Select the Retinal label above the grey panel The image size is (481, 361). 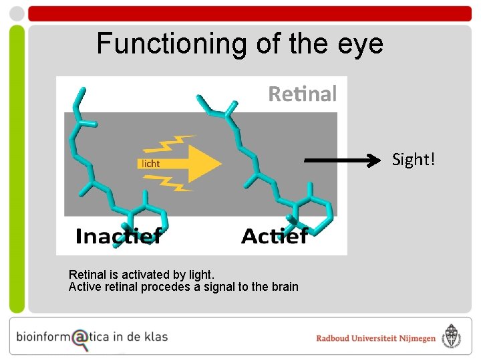[302, 94]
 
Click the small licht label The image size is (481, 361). [150, 163]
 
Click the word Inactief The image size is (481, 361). [118, 236]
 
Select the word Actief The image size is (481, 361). [274, 236]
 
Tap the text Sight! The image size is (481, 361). [413, 160]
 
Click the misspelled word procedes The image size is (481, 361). [159, 287]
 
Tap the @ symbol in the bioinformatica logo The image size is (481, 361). [80, 338]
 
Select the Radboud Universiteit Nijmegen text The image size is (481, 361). [375, 338]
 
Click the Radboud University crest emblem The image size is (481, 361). [453, 338]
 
